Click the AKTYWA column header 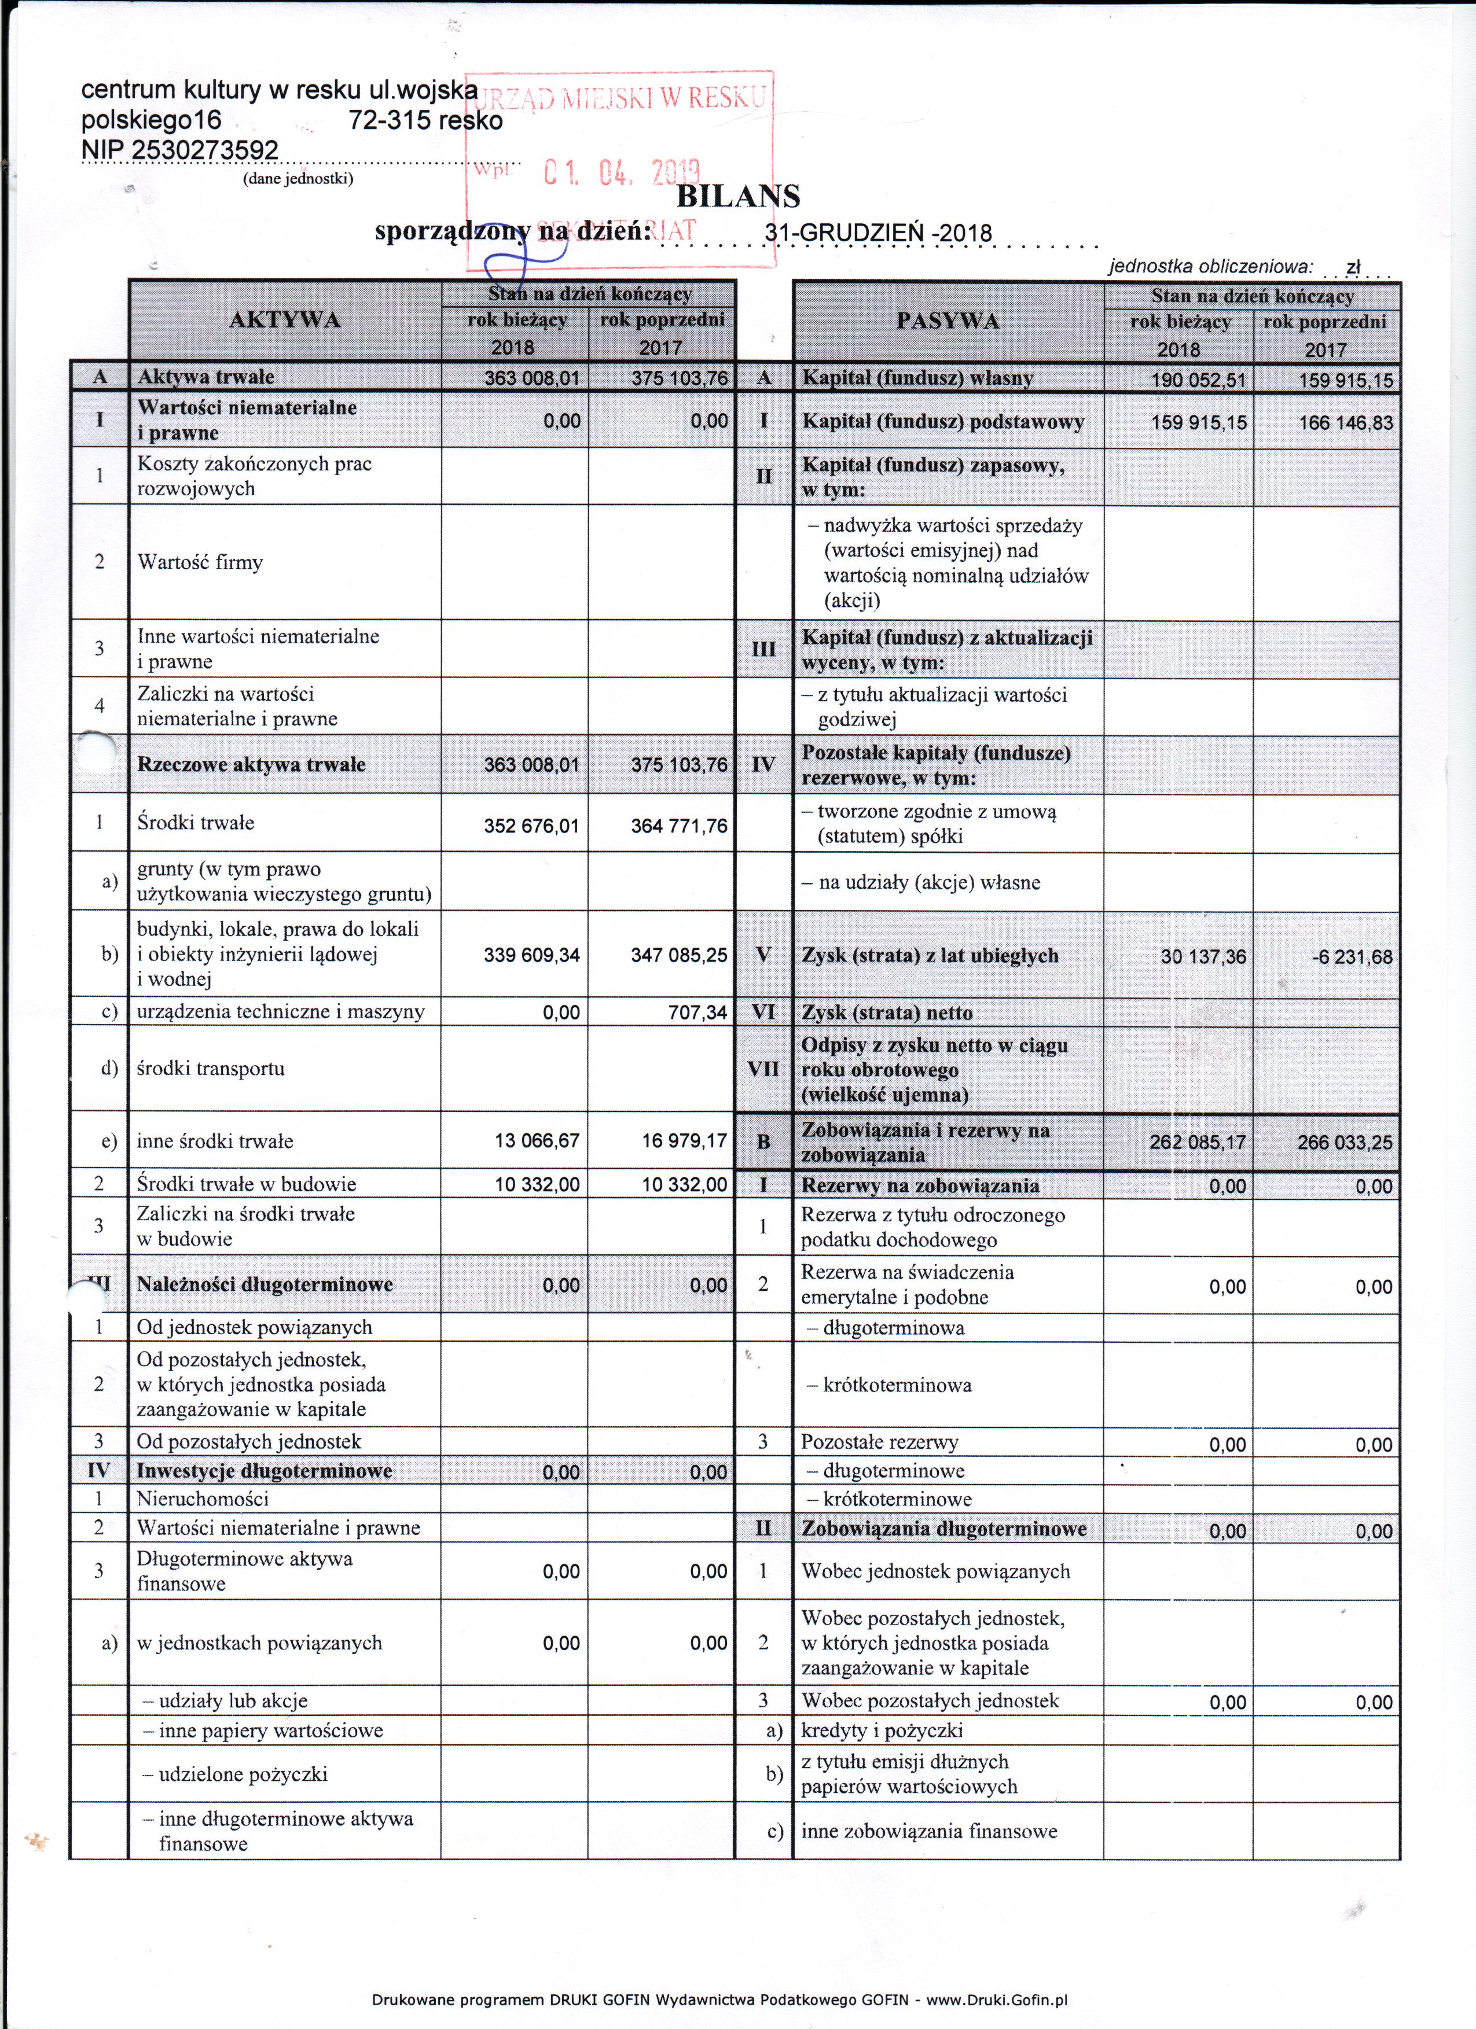(x=285, y=321)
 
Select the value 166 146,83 (x=1346, y=422)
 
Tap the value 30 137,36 (x=1203, y=956)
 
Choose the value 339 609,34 (x=532, y=955)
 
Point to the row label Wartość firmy (x=200, y=562)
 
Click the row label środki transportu (x=210, y=1068)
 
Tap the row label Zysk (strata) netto (x=886, y=1012)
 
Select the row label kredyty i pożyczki (x=882, y=1730)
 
